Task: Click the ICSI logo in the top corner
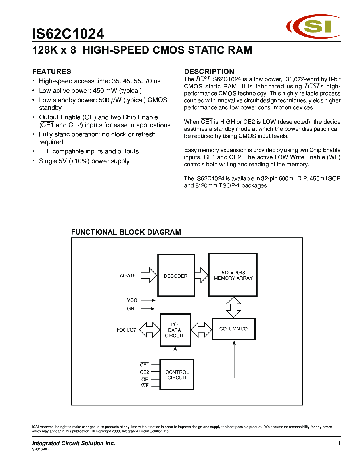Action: pyautogui.click(x=313, y=26)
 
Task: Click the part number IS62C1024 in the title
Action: pyautogui.click(x=68, y=34)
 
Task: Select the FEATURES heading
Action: pyautogui.click(x=52, y=71)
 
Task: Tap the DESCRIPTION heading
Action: pyautogui.click(x=209, y=71)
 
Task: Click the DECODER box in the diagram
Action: pyautogui.click(x=176, y=275)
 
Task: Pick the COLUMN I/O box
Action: pyautogui.click(x=233, y=329)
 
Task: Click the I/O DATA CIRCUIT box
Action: pyautogui.click(x=175, y=330)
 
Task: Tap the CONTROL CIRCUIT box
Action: pyautogui.click(x=177, y=375)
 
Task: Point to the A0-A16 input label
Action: pyautogui.click(x=127, y=276)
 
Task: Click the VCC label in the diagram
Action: pyautogui.click(x=132, y=300)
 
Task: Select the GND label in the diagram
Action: pyautogui.click(x=132, y=309)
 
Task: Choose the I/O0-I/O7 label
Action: pyautogui.click(x=126, y=330)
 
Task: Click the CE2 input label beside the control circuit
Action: pyautogui.click(x=144, y=372)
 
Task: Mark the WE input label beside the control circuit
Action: pyautogui.click(x=145, y=386)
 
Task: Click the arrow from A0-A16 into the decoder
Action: pyautogui.click(x=149, y=275)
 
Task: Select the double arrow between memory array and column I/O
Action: pyautogui.click(x=233, y=307)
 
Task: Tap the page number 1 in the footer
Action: pyautogui.click(x=339, y=443)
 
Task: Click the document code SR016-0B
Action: pyautogui.click(x=40, y=449)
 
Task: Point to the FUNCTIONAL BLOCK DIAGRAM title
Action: pyautogui.click(x=126, y=232)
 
